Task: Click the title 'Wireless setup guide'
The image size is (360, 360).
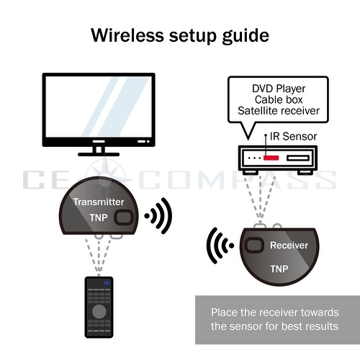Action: coord(179,35)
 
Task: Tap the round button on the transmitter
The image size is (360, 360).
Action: coord(125,217)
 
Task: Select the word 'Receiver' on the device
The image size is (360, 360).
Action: coord(289,246)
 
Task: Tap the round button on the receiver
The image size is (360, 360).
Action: coord(253,246)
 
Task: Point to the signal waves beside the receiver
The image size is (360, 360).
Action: coord(220,247)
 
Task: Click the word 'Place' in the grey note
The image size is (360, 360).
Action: coord(224,313)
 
